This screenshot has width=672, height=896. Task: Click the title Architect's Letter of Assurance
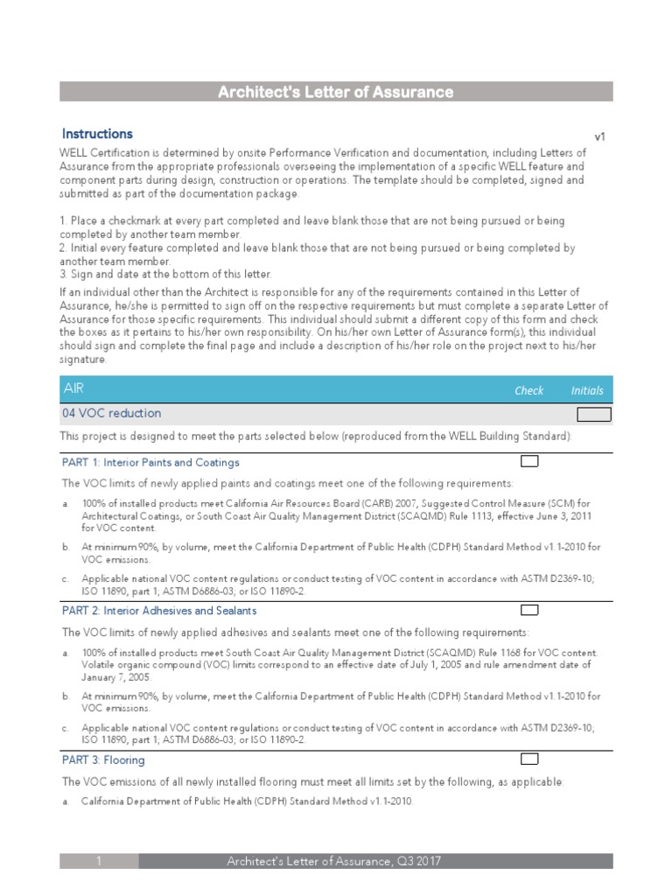tap(336, 92)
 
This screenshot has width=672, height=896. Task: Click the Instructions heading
tap(97, 134)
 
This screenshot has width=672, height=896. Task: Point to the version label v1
tap(600, 136)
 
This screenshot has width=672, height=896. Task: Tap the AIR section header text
tap(74, 388)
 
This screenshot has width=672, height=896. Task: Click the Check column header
tap(528, 391)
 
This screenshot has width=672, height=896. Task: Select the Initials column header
tap(587, 391)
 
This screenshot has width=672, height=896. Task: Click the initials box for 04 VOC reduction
tap(593, 415)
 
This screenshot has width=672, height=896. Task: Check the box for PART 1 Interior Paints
tap(529, 461)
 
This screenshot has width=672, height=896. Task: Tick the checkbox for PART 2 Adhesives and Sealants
tap(529, 610)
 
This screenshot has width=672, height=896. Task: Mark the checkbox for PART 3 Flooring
tap(529, 759)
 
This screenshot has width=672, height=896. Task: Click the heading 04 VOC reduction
tap(111, 413)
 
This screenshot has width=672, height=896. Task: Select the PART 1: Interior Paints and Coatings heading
tap(150, 462)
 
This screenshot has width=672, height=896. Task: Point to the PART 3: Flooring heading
tap(103, 760)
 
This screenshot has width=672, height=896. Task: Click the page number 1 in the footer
tap(100, 862)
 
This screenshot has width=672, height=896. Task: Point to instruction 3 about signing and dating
tap(166, 274)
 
